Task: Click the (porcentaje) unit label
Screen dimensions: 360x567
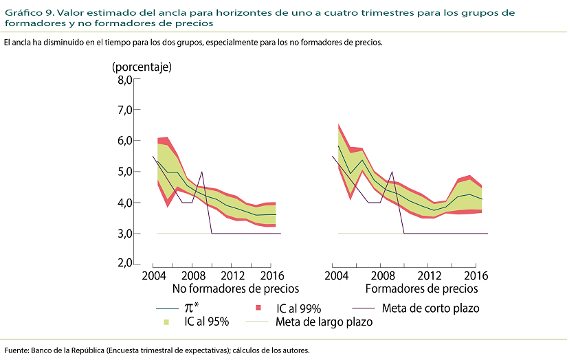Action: coord(142,67)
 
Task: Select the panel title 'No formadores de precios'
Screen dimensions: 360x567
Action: coord(236,289)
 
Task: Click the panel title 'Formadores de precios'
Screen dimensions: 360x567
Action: coord(421,289)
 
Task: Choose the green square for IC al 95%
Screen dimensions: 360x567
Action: coord(166,321)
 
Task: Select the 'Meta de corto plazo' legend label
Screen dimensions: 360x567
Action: coord(430,308)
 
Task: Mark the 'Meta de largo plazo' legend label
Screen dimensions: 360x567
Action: coord(324,321)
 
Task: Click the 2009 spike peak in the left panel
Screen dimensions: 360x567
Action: coord(201,172)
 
